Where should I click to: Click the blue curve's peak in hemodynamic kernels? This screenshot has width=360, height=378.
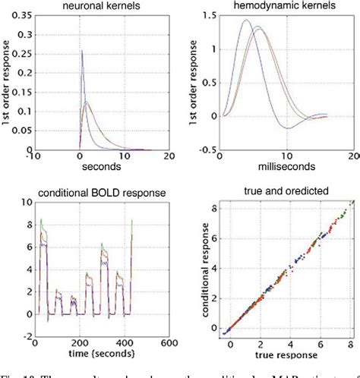245,20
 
